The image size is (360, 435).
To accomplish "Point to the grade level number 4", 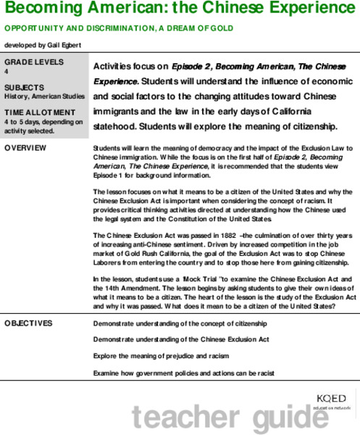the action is point(6,72).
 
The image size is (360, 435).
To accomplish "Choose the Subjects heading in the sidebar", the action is point(24,87).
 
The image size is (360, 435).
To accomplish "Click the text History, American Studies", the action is point(42,96).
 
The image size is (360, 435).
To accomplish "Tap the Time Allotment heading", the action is point(39,112).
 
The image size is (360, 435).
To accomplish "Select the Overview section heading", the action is point(25,148).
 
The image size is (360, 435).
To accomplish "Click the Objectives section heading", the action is point(28,323).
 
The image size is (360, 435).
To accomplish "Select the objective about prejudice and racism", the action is point(161,357).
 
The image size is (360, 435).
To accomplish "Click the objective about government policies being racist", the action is point(183,373).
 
